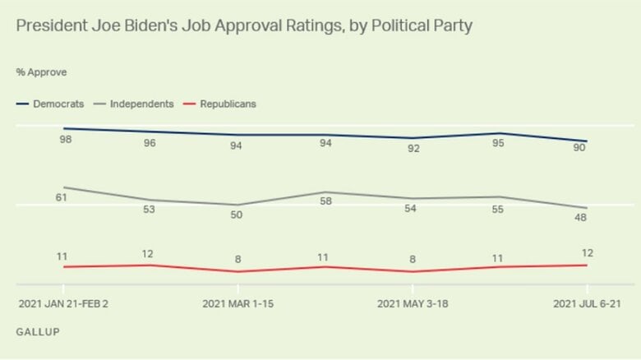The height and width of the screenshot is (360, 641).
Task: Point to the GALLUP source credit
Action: coord(37,331)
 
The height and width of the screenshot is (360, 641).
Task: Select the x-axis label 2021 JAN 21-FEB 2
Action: coord(63,303)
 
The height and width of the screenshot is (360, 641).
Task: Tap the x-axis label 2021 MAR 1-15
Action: coord(237,303)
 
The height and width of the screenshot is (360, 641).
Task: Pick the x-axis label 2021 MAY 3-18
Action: coord(413,303)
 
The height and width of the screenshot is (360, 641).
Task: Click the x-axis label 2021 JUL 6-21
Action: coord(587,303)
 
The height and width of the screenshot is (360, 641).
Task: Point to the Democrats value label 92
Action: coord(413,149)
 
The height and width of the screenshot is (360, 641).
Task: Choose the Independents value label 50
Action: coord(237,215)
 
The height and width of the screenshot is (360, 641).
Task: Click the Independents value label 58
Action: coord(325,201)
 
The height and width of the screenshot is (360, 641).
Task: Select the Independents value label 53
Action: coord(150,210)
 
